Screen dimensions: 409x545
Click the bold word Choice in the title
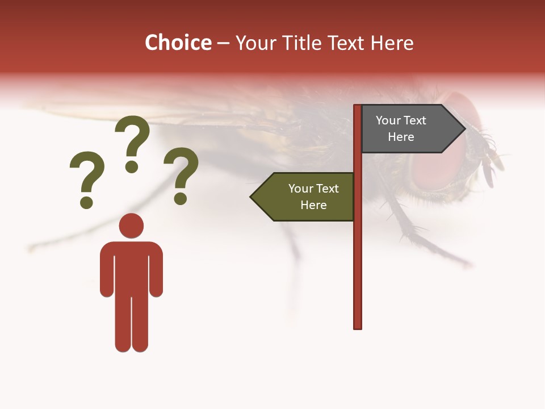tap(178, 43)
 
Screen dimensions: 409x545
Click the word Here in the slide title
tap(392, 43)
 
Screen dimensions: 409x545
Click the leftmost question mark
tap(87, 177)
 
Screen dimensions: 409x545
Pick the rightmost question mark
tap(181, 173)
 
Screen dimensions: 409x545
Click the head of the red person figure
tap(131, 226)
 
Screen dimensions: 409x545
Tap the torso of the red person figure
tap(131, 267)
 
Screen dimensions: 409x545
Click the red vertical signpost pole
tap(358, 256)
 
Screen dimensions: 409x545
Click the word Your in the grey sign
tap(388, 120)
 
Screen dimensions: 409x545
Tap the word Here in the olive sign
tap(313, 205)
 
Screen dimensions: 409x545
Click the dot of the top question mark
tap(132, 166)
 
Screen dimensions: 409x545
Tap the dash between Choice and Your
tap(223, 44)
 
